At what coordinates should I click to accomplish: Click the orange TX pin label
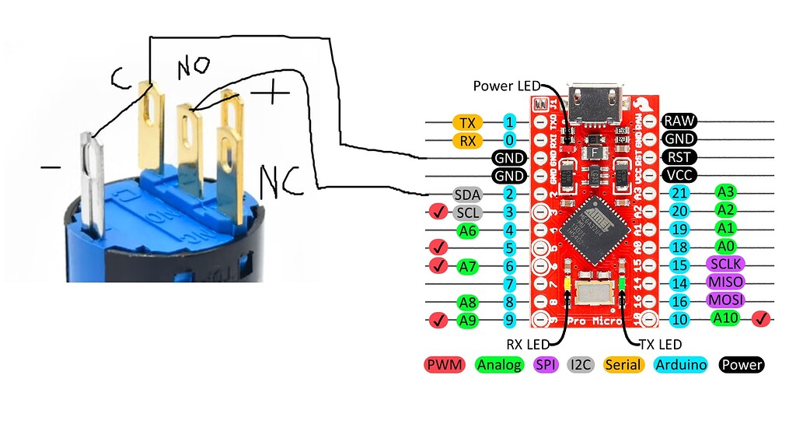(x=468, y=122)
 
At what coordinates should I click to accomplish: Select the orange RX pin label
(x=468, y=141)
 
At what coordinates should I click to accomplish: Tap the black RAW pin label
(x=679, y=121)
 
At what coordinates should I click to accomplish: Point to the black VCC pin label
(x=679, y=175)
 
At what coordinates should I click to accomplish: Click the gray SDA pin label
(x=468, y=194)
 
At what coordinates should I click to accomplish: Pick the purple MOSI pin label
(x=724, y=300)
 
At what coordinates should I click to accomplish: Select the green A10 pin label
(x=729, y=318)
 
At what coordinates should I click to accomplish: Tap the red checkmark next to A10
(x=762, y=318)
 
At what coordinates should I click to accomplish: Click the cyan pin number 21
(x=679, y=194)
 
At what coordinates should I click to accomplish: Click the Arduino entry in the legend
(x=681, y=364)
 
